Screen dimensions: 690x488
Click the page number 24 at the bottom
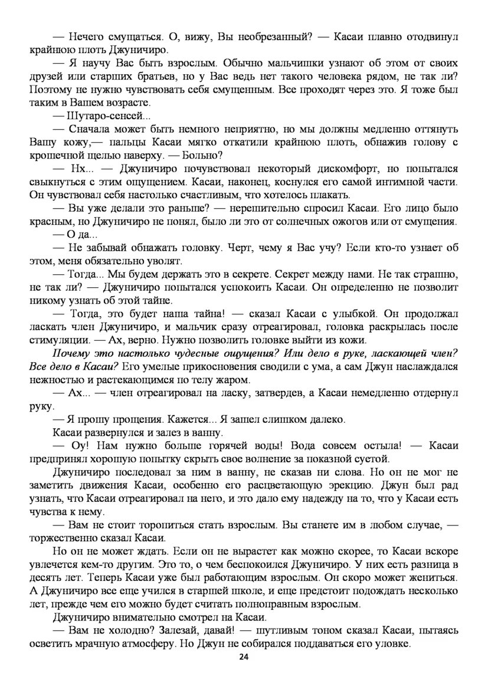pyautogui.click(x=244, y=658)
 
